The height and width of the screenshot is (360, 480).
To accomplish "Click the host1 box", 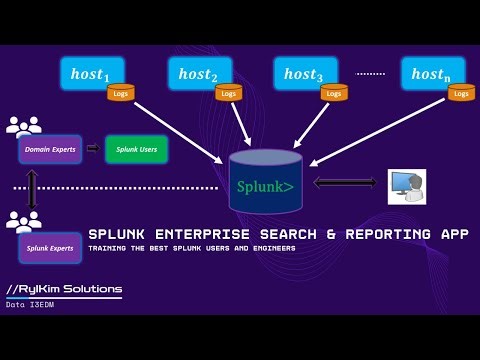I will pos(94,73).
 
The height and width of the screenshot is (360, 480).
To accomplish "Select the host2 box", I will pos(197,73).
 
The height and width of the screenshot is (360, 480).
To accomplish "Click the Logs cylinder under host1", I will pos(120,93).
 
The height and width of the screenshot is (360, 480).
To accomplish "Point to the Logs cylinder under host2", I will pos(229,93).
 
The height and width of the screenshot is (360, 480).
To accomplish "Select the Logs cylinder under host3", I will pos(334,93).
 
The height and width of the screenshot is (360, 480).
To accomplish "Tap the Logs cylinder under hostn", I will pos(460,93).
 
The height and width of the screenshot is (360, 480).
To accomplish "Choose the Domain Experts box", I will pos(50,149).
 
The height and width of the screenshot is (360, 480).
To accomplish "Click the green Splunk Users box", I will pos(136,149).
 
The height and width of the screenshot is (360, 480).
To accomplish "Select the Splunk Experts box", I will pos(50,247).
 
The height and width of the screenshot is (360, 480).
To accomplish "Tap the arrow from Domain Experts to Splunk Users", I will pos(92,149).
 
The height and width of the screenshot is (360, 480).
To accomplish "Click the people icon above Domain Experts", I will pos(23,127).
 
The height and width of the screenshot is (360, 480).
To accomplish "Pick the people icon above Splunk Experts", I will pos(23,222).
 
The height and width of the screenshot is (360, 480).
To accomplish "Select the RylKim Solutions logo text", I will pos(64,289).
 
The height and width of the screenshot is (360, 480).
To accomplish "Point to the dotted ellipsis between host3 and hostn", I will pos(370,73).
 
